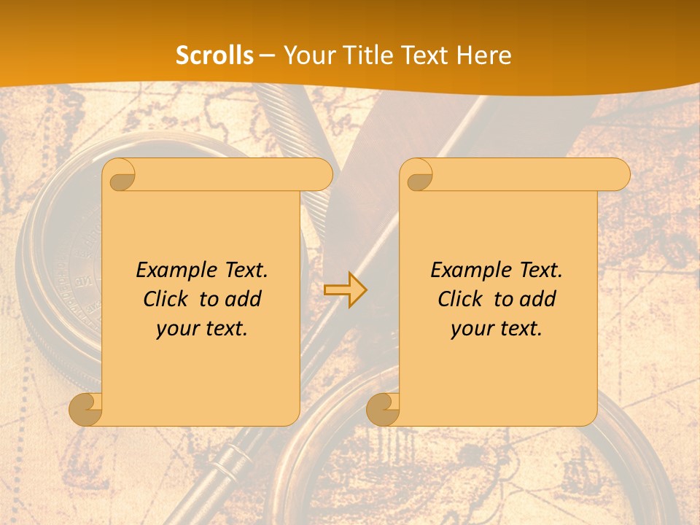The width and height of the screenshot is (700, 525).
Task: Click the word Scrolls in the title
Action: coord(214,55)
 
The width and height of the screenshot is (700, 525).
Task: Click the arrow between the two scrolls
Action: coord(346,290)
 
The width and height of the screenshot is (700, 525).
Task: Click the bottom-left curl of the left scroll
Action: coord(86,409)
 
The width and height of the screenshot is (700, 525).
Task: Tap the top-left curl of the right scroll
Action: coord(418,176)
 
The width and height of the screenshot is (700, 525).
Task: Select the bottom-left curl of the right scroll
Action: coord(383,409)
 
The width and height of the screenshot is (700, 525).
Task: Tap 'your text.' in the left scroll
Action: coord(202,328)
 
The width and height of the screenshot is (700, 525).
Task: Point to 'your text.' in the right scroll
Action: coord(497,328)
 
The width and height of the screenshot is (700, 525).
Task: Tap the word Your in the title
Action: coord(308,55)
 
